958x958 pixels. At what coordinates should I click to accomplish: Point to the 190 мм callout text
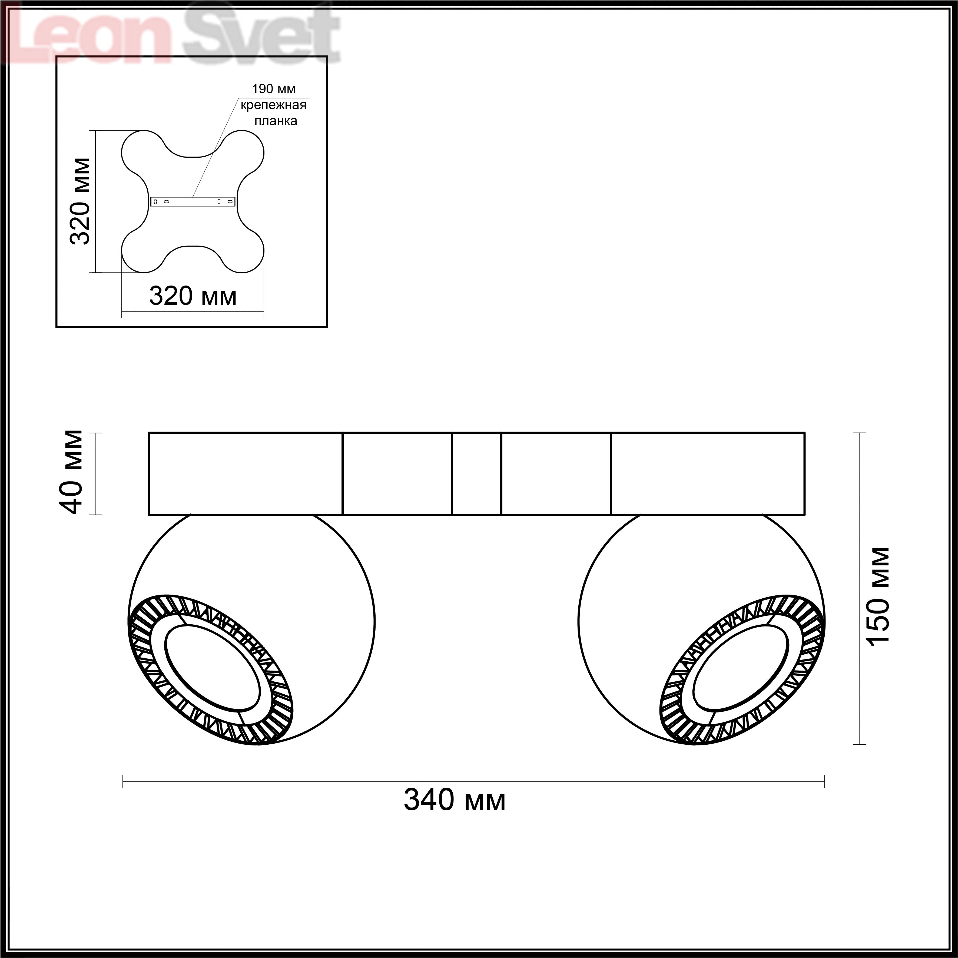click(274, 89)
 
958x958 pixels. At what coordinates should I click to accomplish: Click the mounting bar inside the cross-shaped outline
click(193, 201)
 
